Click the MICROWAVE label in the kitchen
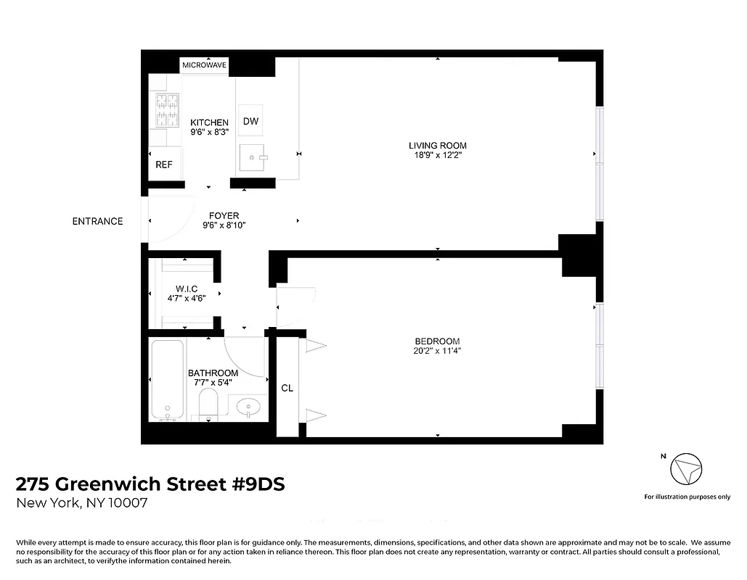(205, 65)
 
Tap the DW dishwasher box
(250, 121)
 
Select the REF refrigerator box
(164, 165)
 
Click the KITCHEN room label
(209, 123)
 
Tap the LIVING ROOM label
(437, 145)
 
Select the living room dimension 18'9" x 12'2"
(437, 155)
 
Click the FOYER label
(224, 215)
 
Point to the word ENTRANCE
(97, 221)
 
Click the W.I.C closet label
(186, 289)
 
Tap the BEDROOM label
(437, 341)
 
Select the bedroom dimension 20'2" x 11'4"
(437, 351)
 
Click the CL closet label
(287, 388)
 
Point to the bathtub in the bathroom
(168, 381)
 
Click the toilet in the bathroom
(208, 404)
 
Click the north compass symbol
(685, 471)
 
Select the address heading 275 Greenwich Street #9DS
(150, 484)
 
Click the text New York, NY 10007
(82, 503)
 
